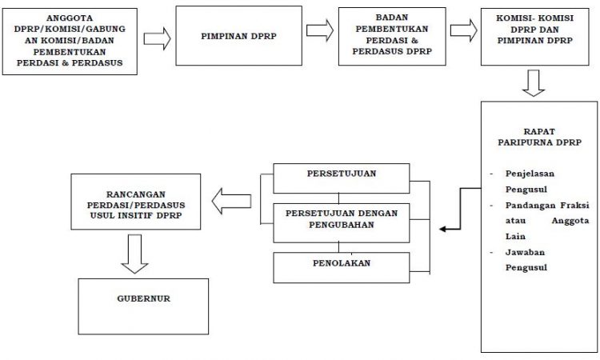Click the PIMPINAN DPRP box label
point(238,36)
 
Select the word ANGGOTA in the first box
point(70,18)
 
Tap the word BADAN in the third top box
point(392,18)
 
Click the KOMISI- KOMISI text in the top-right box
point(535,18)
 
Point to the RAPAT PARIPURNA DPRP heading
point(539,137)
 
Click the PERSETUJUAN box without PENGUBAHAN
point(342,178)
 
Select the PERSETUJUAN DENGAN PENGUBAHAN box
point(342,223)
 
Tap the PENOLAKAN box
point(342,267)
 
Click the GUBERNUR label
point(143,298)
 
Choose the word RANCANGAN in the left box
point(136,194)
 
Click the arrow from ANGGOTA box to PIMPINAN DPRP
point(157,38)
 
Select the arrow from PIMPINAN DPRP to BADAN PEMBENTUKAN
point(320,30)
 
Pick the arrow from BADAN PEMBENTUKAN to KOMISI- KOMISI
point(463,30)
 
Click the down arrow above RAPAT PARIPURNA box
point(534,83)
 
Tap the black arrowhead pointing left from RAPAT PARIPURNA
point(444,229)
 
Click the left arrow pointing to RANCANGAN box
point(231,202)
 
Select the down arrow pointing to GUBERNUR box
point(134,254)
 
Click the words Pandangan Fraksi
point(547,205)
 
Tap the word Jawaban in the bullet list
point(525,252)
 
